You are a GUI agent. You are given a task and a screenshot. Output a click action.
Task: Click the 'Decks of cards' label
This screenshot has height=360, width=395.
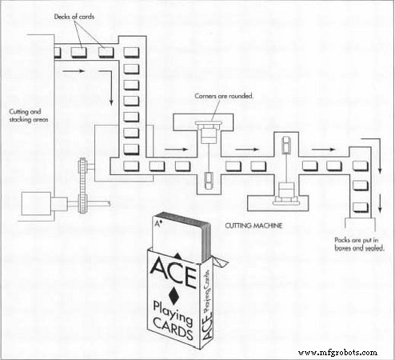74,17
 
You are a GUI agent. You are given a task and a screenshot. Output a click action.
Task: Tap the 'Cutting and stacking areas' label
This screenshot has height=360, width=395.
29,115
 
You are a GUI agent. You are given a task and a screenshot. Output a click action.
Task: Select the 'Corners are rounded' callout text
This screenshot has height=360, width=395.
224,96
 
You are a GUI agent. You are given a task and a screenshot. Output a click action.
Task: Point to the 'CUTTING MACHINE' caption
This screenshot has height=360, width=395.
253,226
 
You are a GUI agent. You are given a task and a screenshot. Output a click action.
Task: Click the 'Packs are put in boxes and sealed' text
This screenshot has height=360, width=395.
359,244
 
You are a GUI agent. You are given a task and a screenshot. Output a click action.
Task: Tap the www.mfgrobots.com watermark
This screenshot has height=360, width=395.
337,353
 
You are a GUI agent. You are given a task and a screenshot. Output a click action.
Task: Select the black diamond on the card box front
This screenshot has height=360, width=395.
174,295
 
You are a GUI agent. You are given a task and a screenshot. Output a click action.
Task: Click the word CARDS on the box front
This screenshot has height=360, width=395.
173,329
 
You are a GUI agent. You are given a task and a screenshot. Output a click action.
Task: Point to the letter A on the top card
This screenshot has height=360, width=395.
158,223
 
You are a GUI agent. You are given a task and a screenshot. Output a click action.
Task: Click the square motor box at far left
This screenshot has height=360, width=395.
36,203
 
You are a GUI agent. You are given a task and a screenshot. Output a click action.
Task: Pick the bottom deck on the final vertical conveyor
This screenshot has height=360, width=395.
361,207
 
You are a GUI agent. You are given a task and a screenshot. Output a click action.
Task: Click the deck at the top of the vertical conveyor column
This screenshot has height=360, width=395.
131,53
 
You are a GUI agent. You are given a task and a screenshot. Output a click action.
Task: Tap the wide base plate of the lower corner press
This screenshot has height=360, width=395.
286,202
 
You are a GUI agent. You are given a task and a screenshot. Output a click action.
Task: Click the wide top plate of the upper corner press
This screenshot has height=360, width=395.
208,123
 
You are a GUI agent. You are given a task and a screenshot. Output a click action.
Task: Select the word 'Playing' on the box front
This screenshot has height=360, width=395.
173,313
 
